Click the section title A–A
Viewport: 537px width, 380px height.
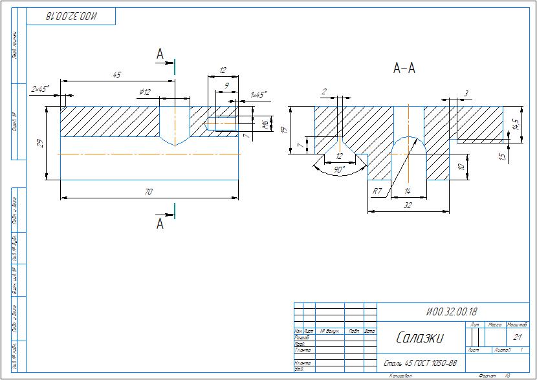coord(404,68)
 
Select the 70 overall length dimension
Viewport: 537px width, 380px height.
coord(149,191)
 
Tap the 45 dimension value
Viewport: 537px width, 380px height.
coord(117,75)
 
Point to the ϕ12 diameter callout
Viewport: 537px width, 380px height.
coord(144,92)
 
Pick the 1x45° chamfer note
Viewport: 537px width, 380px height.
coord(258,94)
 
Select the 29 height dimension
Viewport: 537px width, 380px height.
coord(41,143)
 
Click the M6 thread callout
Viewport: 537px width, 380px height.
coord(265,125)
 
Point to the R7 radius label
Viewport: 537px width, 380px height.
coord(377,191)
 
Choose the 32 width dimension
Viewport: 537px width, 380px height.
coord(408,206)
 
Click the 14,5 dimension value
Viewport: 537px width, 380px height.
coord(515,124)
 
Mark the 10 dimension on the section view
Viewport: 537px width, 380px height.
coord(461,167)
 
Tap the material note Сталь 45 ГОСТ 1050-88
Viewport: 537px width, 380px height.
coord(421,363)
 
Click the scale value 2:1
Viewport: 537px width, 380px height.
coord(517,337)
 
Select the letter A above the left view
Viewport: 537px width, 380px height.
coord(160,56)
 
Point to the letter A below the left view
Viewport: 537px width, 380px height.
coord(160,224)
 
